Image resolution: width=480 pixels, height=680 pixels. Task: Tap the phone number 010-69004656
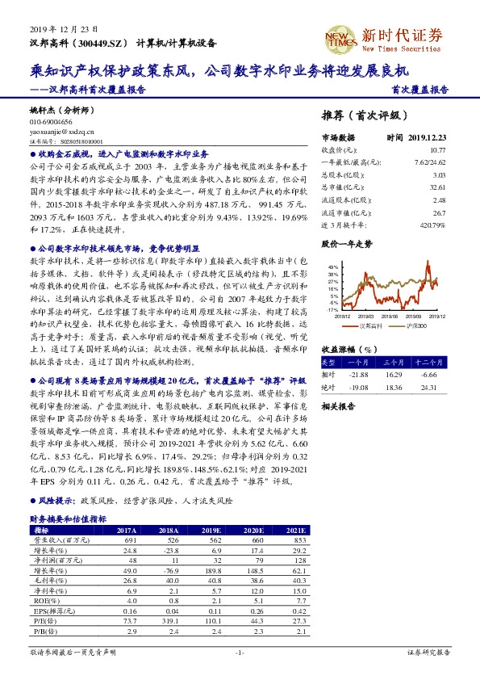pyautogui.click(x=51, y=119)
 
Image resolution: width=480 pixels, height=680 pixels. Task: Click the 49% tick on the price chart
pyautogui.click(x=331, y=267)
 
